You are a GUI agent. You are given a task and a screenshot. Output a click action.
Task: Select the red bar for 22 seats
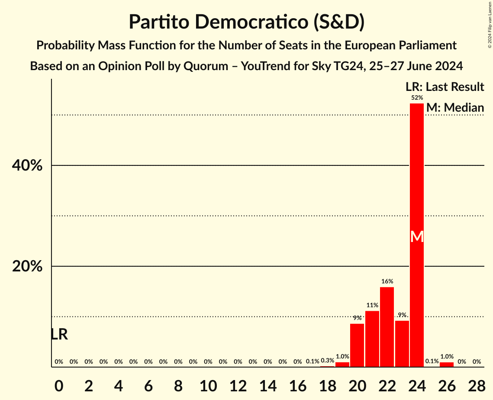(387, 327)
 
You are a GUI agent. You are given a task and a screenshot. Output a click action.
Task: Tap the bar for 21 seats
(372, 339)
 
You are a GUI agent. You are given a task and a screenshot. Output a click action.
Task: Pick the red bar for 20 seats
(357, 345)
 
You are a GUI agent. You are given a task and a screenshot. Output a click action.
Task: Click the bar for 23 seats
(402, 344)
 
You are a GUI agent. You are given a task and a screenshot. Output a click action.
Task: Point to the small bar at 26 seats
(447, 365)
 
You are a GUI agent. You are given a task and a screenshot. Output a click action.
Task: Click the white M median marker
(417, 236)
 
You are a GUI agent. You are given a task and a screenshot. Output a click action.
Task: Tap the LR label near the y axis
(59, 334)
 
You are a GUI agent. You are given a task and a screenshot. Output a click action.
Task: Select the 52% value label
(417, 98)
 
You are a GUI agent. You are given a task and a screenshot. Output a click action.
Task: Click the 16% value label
(387, 281)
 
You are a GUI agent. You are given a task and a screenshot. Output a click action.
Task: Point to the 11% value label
(372, 305)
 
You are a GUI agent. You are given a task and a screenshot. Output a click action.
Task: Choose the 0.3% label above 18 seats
(327, 361)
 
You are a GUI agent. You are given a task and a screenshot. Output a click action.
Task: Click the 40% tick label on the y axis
(27, 165)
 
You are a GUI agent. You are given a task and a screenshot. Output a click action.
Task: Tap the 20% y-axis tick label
(27, 266)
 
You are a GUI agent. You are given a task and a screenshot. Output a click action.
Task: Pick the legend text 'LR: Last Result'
(445, 87)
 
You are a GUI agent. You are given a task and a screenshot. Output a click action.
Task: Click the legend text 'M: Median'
(455, 108)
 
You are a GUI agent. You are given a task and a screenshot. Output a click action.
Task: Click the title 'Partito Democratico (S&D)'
(246, 22)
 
